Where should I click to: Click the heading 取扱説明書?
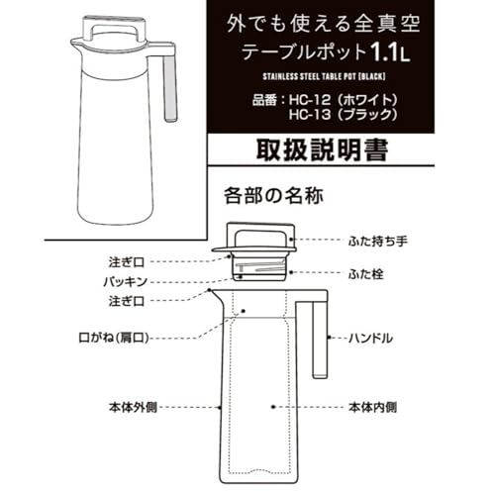point(322,150)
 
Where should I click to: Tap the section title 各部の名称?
point(273,196)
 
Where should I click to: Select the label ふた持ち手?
point(378,242)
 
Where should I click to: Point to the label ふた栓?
point(366,274)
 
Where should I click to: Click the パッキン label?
point(125,281)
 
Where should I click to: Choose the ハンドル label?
point(371,338)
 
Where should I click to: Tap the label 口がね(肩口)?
point(114,338)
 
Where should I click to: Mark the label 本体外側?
point(133,407)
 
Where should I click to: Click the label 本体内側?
point(373,407)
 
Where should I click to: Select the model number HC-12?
point(310,100)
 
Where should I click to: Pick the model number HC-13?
point(310,115)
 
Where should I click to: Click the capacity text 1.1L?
point(390,52)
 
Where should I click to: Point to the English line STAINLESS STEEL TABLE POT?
point(310,77)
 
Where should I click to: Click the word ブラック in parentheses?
point(368,115)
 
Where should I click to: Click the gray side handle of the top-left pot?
point(170,88)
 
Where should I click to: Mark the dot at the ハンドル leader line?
point(329,338)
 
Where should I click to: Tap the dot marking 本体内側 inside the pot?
point(273,407)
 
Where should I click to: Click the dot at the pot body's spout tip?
point(210,290)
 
